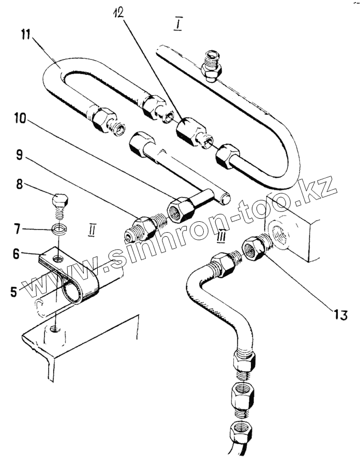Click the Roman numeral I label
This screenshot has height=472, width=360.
point(177,24)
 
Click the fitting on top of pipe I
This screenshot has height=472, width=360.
point(213,65)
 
